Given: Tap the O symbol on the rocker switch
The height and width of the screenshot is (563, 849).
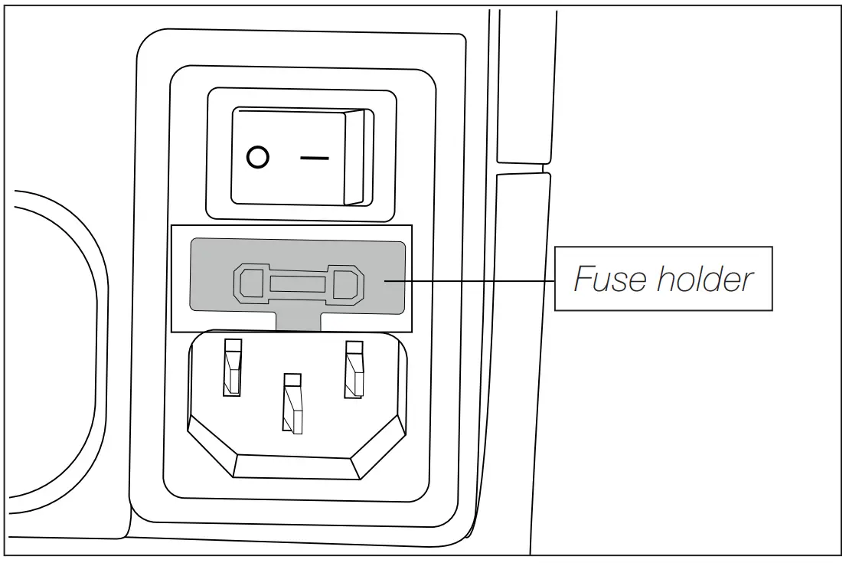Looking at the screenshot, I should pyautogui.click(x=258, y=159).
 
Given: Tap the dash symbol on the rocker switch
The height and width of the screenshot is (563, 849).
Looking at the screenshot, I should pyautogui.click(x=315, y=159).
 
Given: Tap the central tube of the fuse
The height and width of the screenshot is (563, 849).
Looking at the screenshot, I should pyautogui.click(x=298, y=285).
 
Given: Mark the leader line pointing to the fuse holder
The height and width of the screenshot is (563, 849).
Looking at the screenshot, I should pyautogui.click(x=475, y=280).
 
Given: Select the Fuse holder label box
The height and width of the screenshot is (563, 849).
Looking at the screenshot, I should pyautogui.click(x=663, y=279).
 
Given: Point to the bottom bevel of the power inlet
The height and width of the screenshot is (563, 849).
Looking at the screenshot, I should pyautogui.click(x=293, y=467).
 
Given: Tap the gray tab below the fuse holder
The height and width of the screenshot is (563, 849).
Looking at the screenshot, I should pyautogui.click(x=297, y=321).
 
